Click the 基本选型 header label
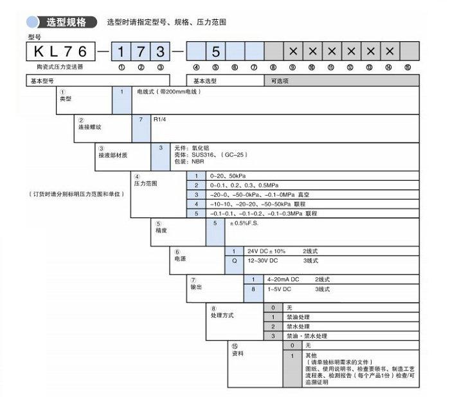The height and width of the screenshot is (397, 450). (x=206, y=80)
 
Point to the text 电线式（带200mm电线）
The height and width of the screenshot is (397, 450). (x=169, y=92)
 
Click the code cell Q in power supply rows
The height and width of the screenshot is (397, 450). (x=234, y=260)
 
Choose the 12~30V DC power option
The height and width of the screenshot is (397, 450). (x=265, y=260)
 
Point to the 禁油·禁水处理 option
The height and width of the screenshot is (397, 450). (x=307, y=336)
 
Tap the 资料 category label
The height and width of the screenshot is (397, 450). (x=237, y=354)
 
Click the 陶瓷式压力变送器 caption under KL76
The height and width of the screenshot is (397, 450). (x=60, y=67)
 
